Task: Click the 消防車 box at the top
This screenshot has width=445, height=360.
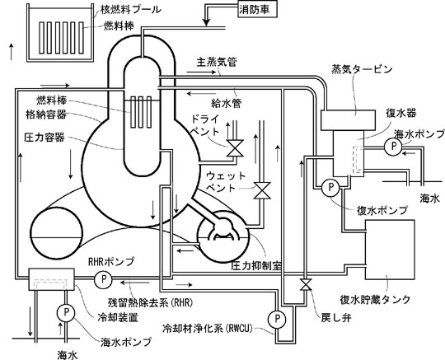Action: pos(257,10)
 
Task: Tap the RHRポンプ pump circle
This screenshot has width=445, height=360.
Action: pos(103,279)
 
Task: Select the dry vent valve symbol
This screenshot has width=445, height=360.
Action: pos(235,148)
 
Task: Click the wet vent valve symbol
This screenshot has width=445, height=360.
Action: pos(262,190)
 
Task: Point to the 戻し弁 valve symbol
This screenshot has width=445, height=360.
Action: pos(306,284)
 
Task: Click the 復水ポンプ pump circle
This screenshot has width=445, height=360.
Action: pos(330,188)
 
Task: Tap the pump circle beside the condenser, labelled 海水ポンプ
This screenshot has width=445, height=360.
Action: pos(393,147)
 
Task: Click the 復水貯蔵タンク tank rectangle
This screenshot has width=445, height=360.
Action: pos(390,250)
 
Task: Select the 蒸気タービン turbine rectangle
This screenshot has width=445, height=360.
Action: pos(349,120)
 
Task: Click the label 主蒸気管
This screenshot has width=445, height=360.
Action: pos(217,62)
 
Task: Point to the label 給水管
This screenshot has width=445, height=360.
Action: pos(226,103)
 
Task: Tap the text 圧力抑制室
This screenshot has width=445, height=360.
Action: pos(256,266)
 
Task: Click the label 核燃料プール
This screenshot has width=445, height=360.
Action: pos(131,10)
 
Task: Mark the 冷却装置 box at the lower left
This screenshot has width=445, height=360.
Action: pos(52,279)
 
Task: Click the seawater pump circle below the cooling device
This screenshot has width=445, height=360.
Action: pos(66,312)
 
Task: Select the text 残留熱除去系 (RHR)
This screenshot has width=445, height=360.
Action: pos(150,302)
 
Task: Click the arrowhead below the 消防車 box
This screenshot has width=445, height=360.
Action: pos(206,22)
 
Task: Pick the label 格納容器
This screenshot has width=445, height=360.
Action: pos(46,115)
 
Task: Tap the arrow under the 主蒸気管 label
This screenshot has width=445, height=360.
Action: pos(202,72)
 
